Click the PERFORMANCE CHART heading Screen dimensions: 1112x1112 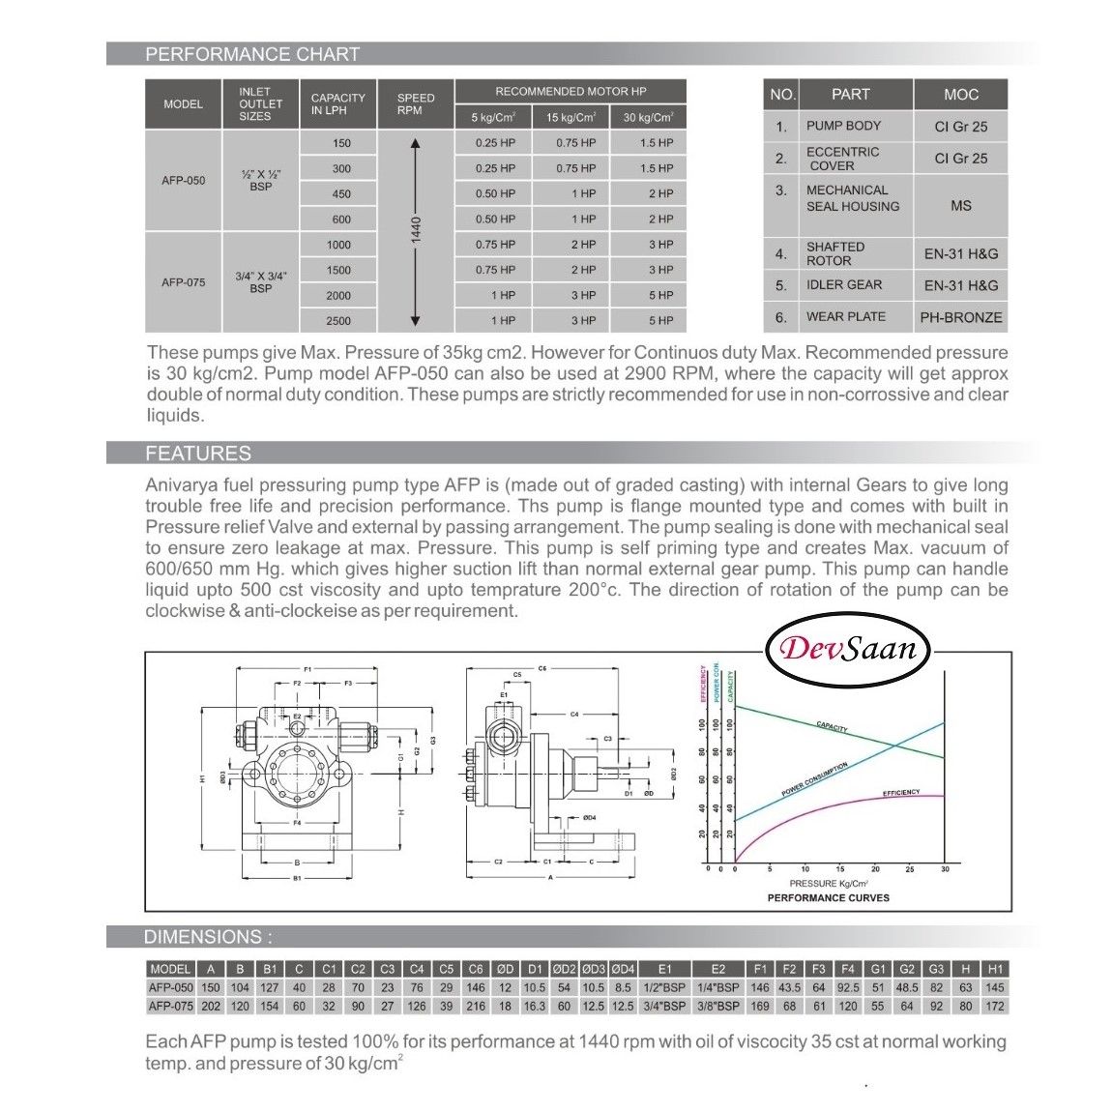click(x=251, y=54)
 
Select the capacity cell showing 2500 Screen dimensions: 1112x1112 click(x=338, y=321)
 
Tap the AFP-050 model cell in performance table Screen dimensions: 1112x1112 click(x=183, y=180)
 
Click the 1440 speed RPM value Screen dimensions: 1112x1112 click(x=415, y=231)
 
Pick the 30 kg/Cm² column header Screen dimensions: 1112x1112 click(x=648, y=118)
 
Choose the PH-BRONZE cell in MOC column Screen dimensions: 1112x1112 click(x=960, y=317)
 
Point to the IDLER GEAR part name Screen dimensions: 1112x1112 click(x=843, y=285)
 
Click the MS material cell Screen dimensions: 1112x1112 click(x=960, y=206)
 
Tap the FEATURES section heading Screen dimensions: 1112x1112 click(x=197, y=454)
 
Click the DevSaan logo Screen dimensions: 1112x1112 click(x=847, y=648)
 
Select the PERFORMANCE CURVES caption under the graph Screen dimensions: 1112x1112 click(x=828, y=897)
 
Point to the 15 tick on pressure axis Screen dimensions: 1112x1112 click(x=839, y=869)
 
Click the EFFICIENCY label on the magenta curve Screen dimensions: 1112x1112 click(x=901, y=793)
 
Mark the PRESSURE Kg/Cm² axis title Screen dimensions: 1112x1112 click(x=828, y=884)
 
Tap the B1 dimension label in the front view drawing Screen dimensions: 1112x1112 click(x=298, y=878)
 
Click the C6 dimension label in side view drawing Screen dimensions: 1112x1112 click(x=542, y=668)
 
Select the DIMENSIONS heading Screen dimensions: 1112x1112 click(x=208, y=937)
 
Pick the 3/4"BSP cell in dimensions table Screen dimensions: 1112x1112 click(x=664, y=1006)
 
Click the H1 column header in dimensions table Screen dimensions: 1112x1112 click(x=994, y=969)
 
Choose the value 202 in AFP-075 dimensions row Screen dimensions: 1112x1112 click(x=211, y=1006)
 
